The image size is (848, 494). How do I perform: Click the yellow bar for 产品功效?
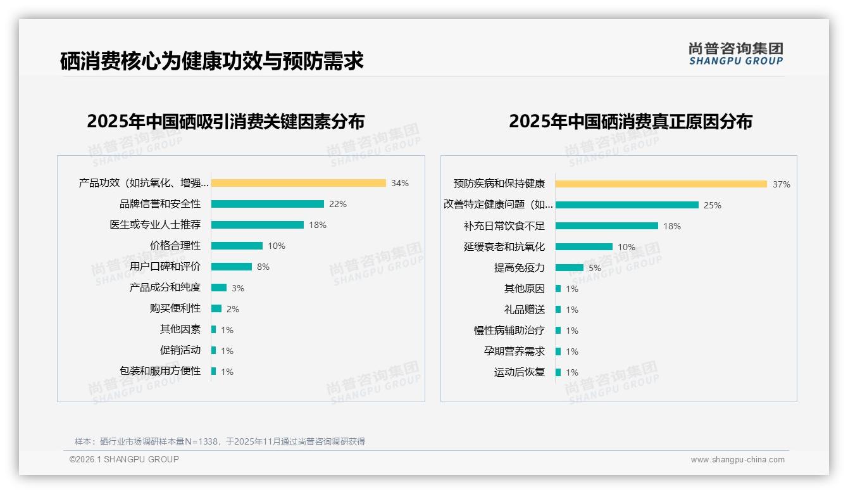[x=298, y=183]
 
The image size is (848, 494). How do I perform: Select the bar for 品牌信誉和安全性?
[x=267, y=204]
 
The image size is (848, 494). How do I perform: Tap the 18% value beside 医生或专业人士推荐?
[x=318, y=225]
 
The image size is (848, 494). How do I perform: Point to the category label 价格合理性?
[x=175, y=246]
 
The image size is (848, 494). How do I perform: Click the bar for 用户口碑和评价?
[x=231, y=267]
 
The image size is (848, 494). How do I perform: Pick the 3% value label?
[x=238, y=288]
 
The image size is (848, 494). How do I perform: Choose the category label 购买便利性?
[x=175, y=308]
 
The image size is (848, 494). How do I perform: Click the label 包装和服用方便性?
[x=160, y=371]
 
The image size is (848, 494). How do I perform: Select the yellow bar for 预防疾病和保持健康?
[x=661, y=184]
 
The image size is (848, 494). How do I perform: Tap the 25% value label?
[x=713, y=205]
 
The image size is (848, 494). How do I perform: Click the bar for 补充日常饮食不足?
[x=606, y=225]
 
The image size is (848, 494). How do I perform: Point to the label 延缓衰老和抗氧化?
[x=504, y=247]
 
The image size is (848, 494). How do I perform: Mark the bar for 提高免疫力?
[x=570, y=268]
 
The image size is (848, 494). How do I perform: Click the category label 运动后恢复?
[x=520, y=372]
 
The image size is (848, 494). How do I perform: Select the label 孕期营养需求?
[x=514, y=351]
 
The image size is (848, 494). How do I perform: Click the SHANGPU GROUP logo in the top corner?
[x=736, y=54]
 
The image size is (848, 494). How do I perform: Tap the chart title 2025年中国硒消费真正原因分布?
[x=630, y=122]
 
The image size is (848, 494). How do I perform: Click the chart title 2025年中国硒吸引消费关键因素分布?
[x=226, y=122]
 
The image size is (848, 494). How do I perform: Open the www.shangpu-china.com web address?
[x=737, y=460]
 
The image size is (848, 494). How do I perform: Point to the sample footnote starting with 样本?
[x=220, y=441]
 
